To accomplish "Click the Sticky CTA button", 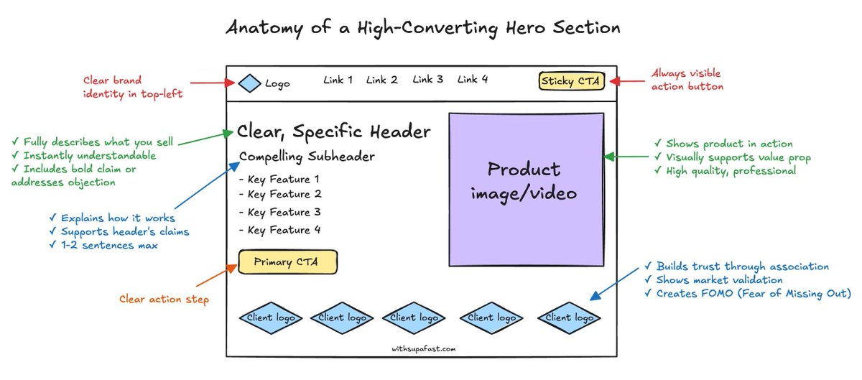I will pyautogui.click(x=572, y=80).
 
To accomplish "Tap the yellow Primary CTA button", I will pyautogui.click(x=287, y=262).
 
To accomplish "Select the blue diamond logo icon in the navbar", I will pyautogui.click(x=249, y=83).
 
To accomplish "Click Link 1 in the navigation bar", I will pyautogui.click(x=338, y=80).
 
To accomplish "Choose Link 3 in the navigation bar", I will pyautogui.click(x=427, y=80).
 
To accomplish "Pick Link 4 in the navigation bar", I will pyautogui.click(x=473, y=80).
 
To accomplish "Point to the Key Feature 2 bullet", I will pyautogui.click(x=280, y=195).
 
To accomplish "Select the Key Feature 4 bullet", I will pyautogui.click(x=280, y=231).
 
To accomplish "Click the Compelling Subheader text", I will pyautogui.click(x=307, y=157).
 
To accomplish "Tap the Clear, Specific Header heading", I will pyautogui.click(x=334, y=132).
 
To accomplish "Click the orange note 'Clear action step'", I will pyautogui.click(x=164, y=300).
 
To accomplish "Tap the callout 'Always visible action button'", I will pyautogui.click(x=687, y=80).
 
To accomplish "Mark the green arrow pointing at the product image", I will pyautogui.click(x=626, y=157).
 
